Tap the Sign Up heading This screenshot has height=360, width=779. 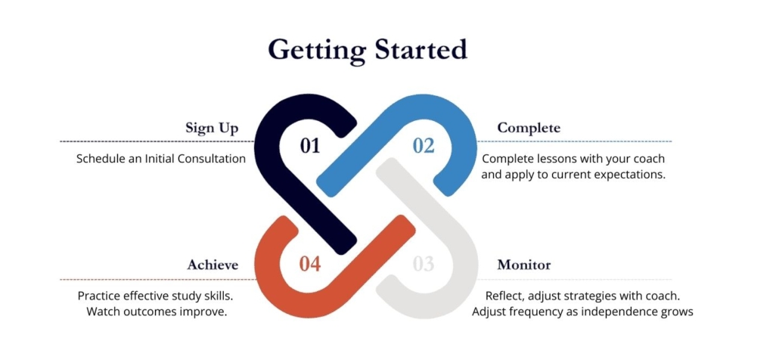click(212, 129)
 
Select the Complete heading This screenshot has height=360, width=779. click(529, 129)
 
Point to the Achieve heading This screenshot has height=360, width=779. click(213, 265)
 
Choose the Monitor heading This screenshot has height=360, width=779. click(524, 265)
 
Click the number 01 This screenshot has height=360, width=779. click(310, 146)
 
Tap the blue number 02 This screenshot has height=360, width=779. click(424, 146)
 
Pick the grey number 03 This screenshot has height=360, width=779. click(424, 264)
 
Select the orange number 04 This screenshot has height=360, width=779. click(310, 264)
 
